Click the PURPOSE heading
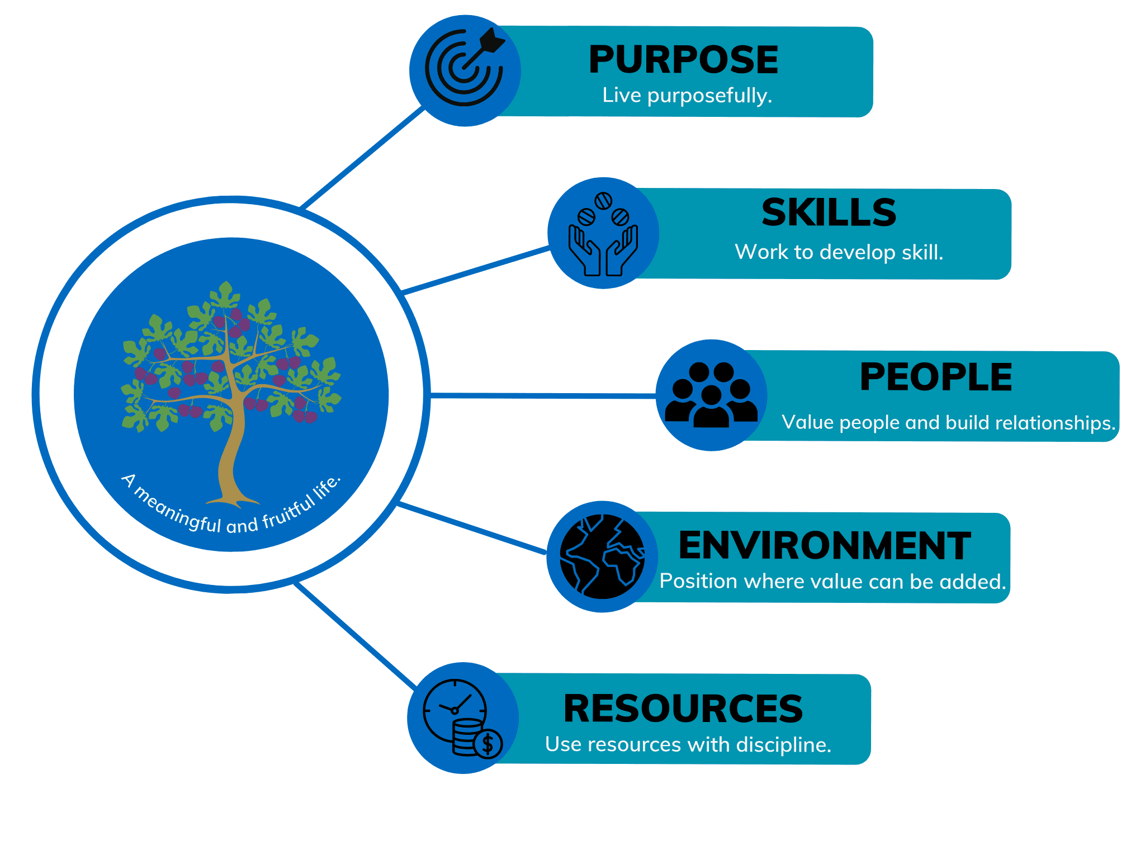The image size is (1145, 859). (x=683, y=60)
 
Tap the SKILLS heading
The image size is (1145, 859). (x=829, y=213)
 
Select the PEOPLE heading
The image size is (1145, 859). (x=936, y=377)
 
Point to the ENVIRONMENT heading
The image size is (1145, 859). (x=825, y=546)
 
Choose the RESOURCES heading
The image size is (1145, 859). (x=683, y=709)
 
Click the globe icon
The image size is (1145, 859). (x=602, y=556)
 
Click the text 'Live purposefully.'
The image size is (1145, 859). (x=687, y=96)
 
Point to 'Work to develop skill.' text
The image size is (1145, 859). (x=839, y=252)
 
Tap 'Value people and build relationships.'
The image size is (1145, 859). (x=948, y=423)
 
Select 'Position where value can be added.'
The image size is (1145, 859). (x=832, y=582)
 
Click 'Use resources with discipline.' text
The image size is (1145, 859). (x=688, y=744)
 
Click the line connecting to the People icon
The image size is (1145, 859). (x=542, y=395)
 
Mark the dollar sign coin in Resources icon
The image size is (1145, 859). (x=488, y=744)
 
